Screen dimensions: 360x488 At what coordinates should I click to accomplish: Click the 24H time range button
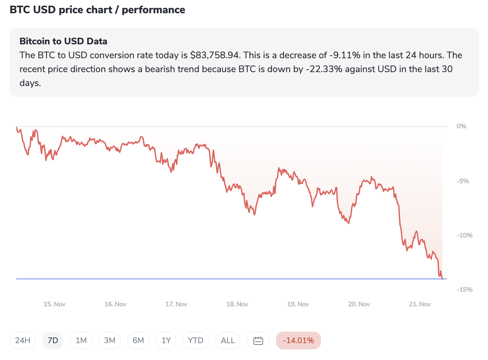pos(22,340)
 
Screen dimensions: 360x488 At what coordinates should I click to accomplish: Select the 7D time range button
pos(53,340)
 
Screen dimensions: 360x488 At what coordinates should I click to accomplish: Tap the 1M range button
pos(81,340)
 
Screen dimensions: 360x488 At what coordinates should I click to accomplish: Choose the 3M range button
pos(110,340)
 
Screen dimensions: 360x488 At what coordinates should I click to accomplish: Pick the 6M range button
pos(138,340)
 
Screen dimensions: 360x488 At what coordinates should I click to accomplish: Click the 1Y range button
pos(166,340)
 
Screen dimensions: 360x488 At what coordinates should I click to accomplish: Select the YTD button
pos(195,340)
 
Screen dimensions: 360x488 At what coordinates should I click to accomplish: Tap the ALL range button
pos(228,340)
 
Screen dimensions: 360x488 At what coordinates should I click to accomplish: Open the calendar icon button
pos(258,340)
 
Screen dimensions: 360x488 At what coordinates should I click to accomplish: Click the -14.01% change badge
pos(298,340)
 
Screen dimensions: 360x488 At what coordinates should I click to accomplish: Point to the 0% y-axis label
pos(461,126)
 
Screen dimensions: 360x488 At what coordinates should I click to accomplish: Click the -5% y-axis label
pos(463,181)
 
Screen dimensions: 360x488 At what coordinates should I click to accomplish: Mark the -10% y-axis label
pos(464,235)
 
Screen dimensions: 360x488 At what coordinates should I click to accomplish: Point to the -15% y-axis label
pos(464,290)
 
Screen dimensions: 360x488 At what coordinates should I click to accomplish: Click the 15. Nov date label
pos(54,304)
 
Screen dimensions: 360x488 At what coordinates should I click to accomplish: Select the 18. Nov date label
pos(237,304)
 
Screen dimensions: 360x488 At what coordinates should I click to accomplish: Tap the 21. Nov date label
pos(420,304)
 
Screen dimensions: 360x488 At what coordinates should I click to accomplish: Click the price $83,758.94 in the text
pos(215,55)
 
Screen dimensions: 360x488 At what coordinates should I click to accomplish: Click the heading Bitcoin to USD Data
pos(63,41)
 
